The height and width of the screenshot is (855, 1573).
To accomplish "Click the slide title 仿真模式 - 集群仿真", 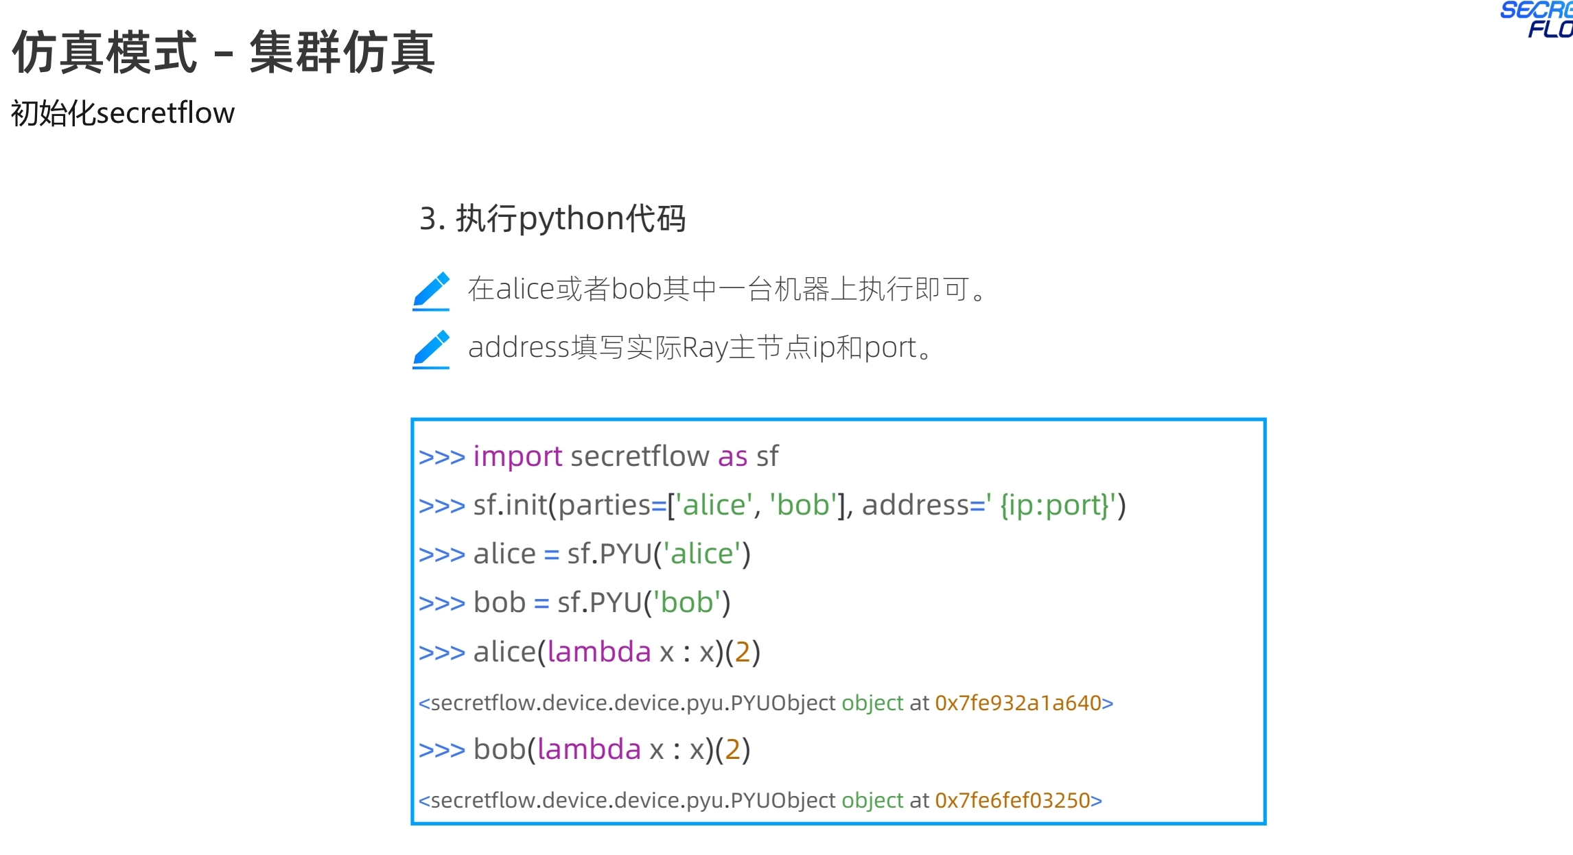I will point(223,52).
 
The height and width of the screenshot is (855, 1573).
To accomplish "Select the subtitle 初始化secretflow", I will point(123,113).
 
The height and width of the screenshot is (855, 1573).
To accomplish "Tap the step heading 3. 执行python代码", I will point(552,219).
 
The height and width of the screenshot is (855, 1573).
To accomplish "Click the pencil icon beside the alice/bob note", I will point(431,290).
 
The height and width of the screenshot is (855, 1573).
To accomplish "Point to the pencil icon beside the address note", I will point(431,349).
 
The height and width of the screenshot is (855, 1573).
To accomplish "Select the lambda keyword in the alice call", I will point(599,652).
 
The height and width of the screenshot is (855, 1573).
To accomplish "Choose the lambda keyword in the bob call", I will point(589,749).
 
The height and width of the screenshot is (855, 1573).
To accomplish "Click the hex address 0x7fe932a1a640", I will point(1018,703).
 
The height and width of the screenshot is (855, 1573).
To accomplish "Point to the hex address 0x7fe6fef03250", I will point(1012,801).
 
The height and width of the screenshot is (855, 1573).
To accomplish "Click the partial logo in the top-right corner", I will point(1541,19).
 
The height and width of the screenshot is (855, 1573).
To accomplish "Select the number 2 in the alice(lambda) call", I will point(743,652).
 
